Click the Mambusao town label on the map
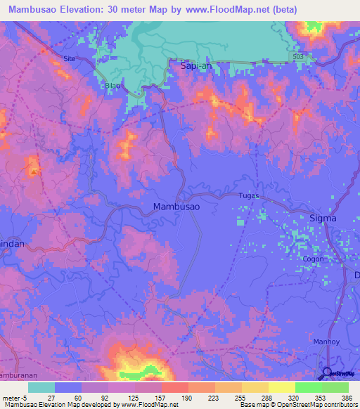176,207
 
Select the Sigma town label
323,219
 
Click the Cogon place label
313,259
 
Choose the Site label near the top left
69,58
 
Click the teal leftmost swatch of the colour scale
41,387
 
